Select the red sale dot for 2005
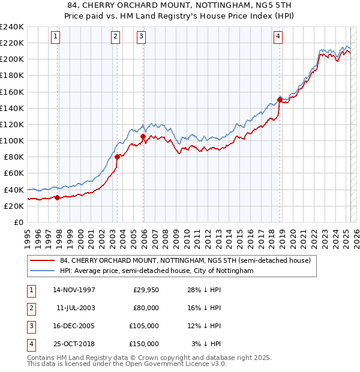click(143, 137)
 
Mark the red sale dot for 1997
click(58, 197)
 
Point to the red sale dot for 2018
click(280, 100)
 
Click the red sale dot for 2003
click(117, 157)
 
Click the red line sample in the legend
click(42, 261)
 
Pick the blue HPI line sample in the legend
click(42, 271)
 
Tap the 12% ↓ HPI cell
click(205, 326)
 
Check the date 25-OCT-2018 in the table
click(74, 344)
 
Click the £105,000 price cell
click(143, 326)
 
